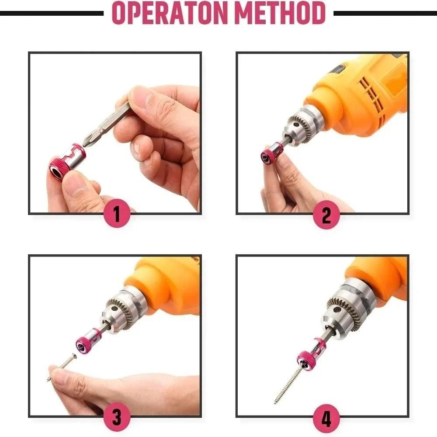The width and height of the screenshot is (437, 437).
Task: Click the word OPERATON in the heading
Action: pos(169,13)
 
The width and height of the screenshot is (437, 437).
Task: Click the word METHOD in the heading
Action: pos(280,13)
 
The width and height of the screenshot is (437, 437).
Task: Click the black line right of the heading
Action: pos(385,13)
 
